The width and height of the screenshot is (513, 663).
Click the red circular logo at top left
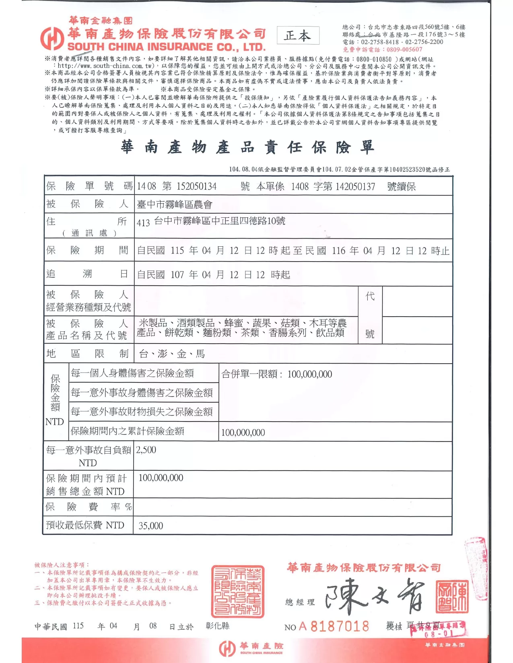pos(52,38)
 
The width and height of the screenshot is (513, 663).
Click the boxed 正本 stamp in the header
pos(298,36)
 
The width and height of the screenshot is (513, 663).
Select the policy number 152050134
pos(197,186)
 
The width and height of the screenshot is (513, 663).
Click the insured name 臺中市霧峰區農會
pos(175,205)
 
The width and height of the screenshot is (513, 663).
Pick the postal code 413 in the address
pos(143,223)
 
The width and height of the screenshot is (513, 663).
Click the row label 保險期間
pos(87,250)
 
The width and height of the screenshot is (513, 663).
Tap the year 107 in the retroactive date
pos(177,275)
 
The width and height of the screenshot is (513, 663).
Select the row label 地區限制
pos(87,354)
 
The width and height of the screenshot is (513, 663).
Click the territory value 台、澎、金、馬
pos(172,354)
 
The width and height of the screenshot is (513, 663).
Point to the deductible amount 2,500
pos(146,450)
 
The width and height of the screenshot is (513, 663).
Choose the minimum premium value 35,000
pos(151,526)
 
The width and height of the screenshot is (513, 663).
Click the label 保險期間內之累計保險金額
pos(128,431)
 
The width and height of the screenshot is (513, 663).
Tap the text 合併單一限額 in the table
pos(249,374)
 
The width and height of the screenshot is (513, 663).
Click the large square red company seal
pos(238,591)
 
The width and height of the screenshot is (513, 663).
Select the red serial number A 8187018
pos(334,626)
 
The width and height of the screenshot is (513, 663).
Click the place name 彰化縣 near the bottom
pos(217,626)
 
